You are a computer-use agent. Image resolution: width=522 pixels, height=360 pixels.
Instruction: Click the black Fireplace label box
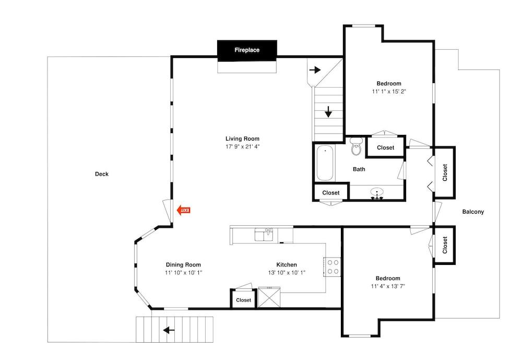247,50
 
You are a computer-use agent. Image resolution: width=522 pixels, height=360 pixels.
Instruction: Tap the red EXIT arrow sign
183,210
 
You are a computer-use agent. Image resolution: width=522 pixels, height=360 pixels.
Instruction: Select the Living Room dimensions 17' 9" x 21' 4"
242,147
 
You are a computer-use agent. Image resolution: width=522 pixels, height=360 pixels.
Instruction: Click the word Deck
102,174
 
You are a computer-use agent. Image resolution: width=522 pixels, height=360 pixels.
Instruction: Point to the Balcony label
473,212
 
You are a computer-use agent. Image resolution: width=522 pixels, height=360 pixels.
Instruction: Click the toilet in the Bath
357,147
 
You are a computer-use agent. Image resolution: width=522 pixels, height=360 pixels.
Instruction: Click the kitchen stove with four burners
333,267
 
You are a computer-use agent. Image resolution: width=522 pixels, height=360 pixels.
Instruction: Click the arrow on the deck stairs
168,330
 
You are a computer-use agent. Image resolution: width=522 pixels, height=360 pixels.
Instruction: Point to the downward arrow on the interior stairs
328,112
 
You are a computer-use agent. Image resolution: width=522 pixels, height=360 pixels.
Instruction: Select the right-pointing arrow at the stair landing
315,69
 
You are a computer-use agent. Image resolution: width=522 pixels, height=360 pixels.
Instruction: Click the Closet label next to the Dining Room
243,300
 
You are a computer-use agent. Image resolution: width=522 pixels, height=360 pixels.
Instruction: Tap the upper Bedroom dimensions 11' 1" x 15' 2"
389,91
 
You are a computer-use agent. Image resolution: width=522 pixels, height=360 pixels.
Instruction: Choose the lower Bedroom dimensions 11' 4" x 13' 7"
387,286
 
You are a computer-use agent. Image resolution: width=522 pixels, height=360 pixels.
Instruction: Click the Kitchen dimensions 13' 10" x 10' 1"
287,272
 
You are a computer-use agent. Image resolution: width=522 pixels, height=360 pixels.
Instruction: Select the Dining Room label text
183,264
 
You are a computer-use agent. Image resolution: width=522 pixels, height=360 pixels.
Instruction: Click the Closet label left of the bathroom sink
331,193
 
